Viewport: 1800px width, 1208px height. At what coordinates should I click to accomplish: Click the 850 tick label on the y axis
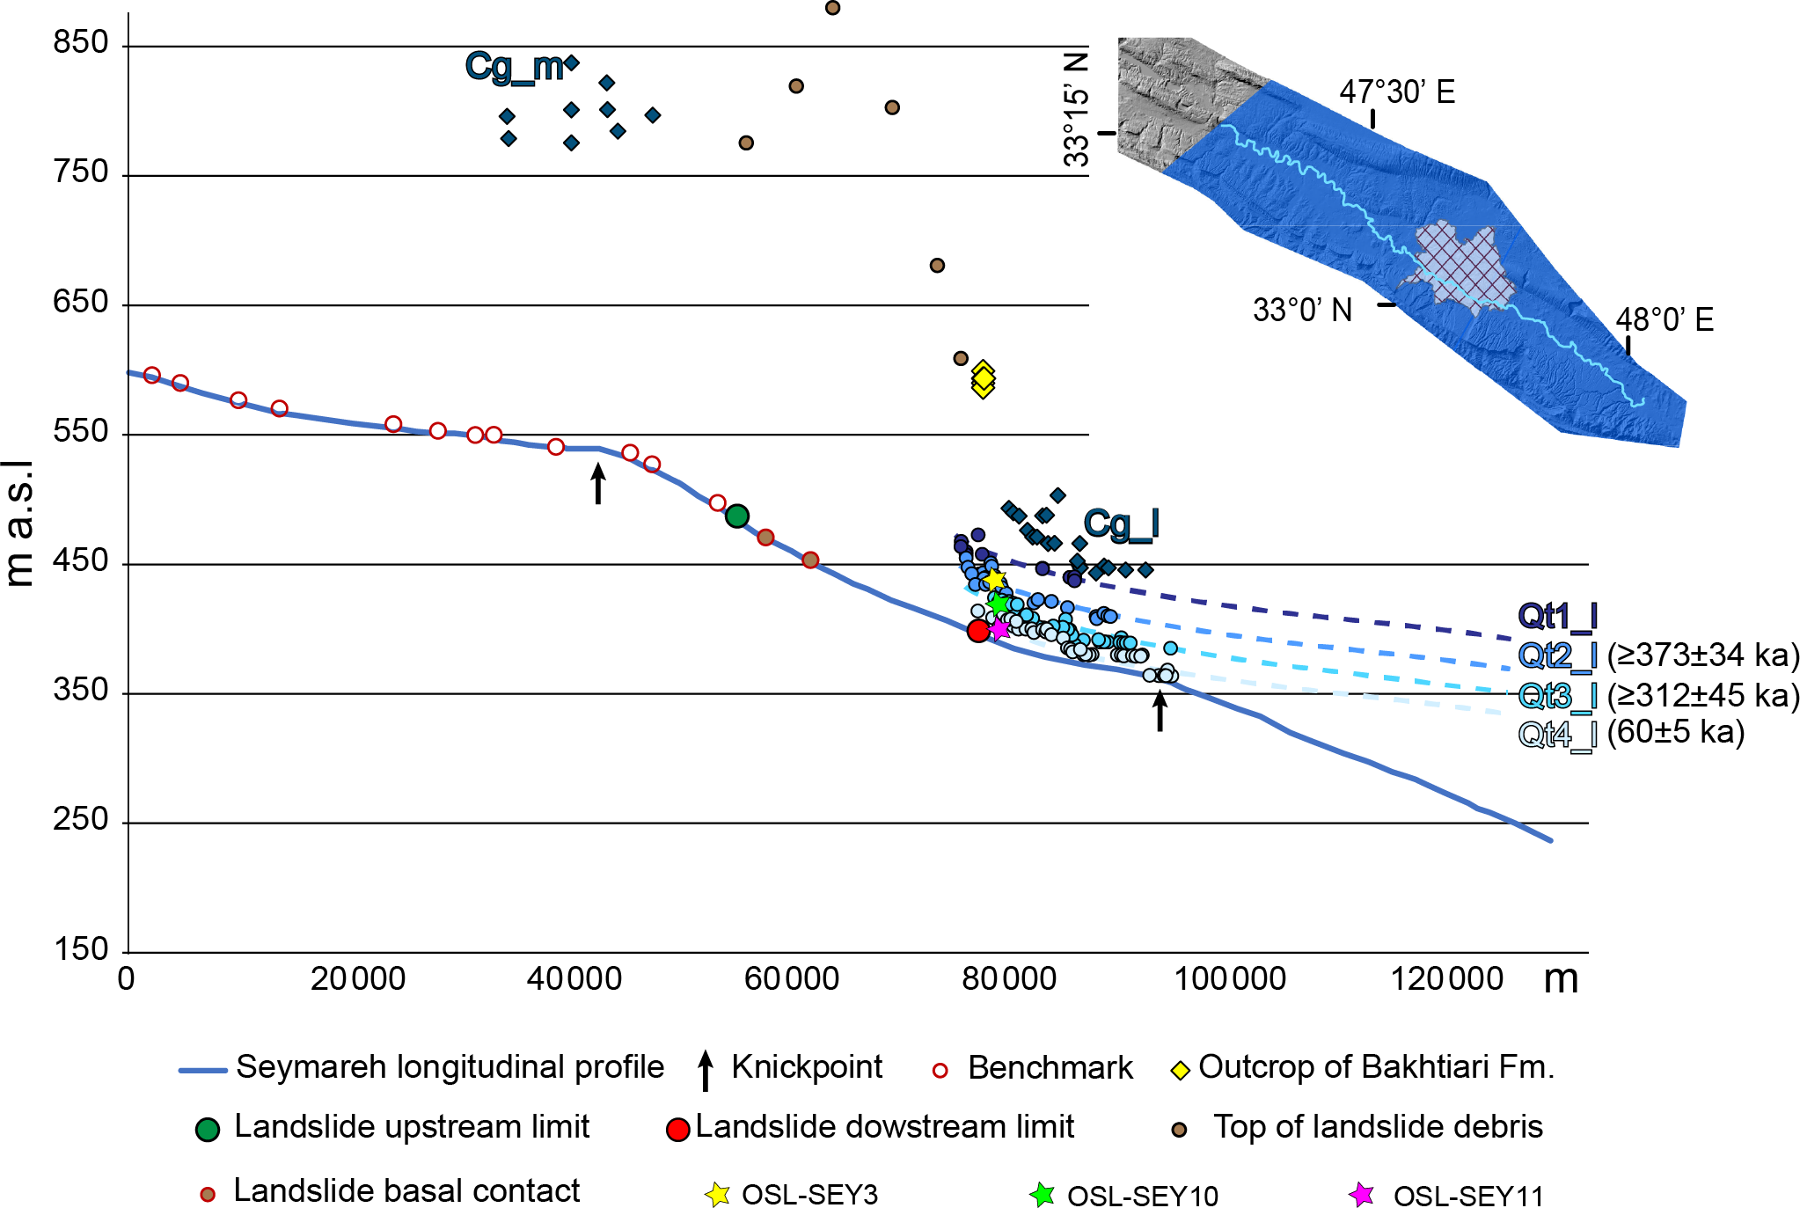[x=81, y=42]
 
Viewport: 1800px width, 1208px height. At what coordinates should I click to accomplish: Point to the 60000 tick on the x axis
[x=791, y=978]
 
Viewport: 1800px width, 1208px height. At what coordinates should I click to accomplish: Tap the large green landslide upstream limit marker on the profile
[x=737, y=516]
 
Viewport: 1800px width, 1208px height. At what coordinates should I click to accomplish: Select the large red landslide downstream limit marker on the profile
[x=978, y=630]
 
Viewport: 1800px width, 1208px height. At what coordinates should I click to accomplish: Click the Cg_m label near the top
[x=515, y=67]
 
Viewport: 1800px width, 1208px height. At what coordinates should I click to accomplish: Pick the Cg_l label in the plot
[x=1121, y=524]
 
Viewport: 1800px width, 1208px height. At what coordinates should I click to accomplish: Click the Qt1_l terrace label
[x=1556, y=616]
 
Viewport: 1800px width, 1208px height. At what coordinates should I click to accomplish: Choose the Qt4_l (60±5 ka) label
[x=1630, y=733]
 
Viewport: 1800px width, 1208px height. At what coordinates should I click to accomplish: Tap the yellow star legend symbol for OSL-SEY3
[x=717, y=1194]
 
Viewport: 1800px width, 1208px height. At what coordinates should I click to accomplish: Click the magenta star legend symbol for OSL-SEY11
[x=1361, y=1194]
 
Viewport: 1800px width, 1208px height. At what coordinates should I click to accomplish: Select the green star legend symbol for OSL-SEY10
[x=1042, y=1194]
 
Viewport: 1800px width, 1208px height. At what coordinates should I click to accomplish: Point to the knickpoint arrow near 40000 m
[x=598, y=484]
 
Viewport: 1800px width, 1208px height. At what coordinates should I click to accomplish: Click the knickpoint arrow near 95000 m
[x=1160, y=711]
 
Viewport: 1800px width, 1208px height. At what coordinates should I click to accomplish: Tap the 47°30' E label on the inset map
[x=1397, y=92]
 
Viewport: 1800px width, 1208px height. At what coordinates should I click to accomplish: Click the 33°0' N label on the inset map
[x=1302, y=311]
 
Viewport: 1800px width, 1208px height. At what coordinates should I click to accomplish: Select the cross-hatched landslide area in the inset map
[x=1459, y=262]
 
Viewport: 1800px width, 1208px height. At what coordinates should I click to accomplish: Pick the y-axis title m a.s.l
[x=19, y=523]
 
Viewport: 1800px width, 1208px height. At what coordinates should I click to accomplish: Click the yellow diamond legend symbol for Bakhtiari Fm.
[x=1180, y=1070]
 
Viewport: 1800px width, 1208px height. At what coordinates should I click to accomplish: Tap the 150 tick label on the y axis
[x=81, y=948]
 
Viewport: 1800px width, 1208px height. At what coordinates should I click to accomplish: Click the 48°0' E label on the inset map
[x=1665, y=319]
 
